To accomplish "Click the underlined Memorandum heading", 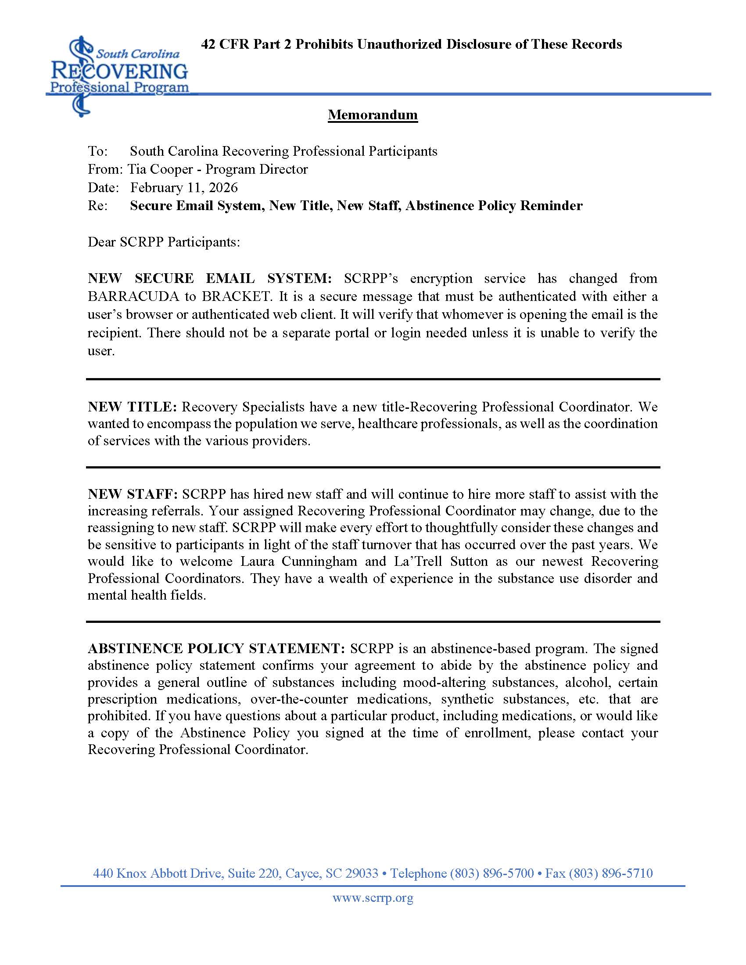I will [373, 115].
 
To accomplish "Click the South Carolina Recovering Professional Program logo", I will [119, 73].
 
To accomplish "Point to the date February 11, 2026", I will [184, 187].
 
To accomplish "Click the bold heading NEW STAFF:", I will [132, 494].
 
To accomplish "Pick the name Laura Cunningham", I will [298, 561].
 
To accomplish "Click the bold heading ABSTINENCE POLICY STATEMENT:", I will [216, 648].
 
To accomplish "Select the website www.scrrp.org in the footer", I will [373, 898].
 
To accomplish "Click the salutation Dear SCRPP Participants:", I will [164, 242].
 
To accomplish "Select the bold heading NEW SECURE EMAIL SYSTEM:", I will [209, 279].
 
